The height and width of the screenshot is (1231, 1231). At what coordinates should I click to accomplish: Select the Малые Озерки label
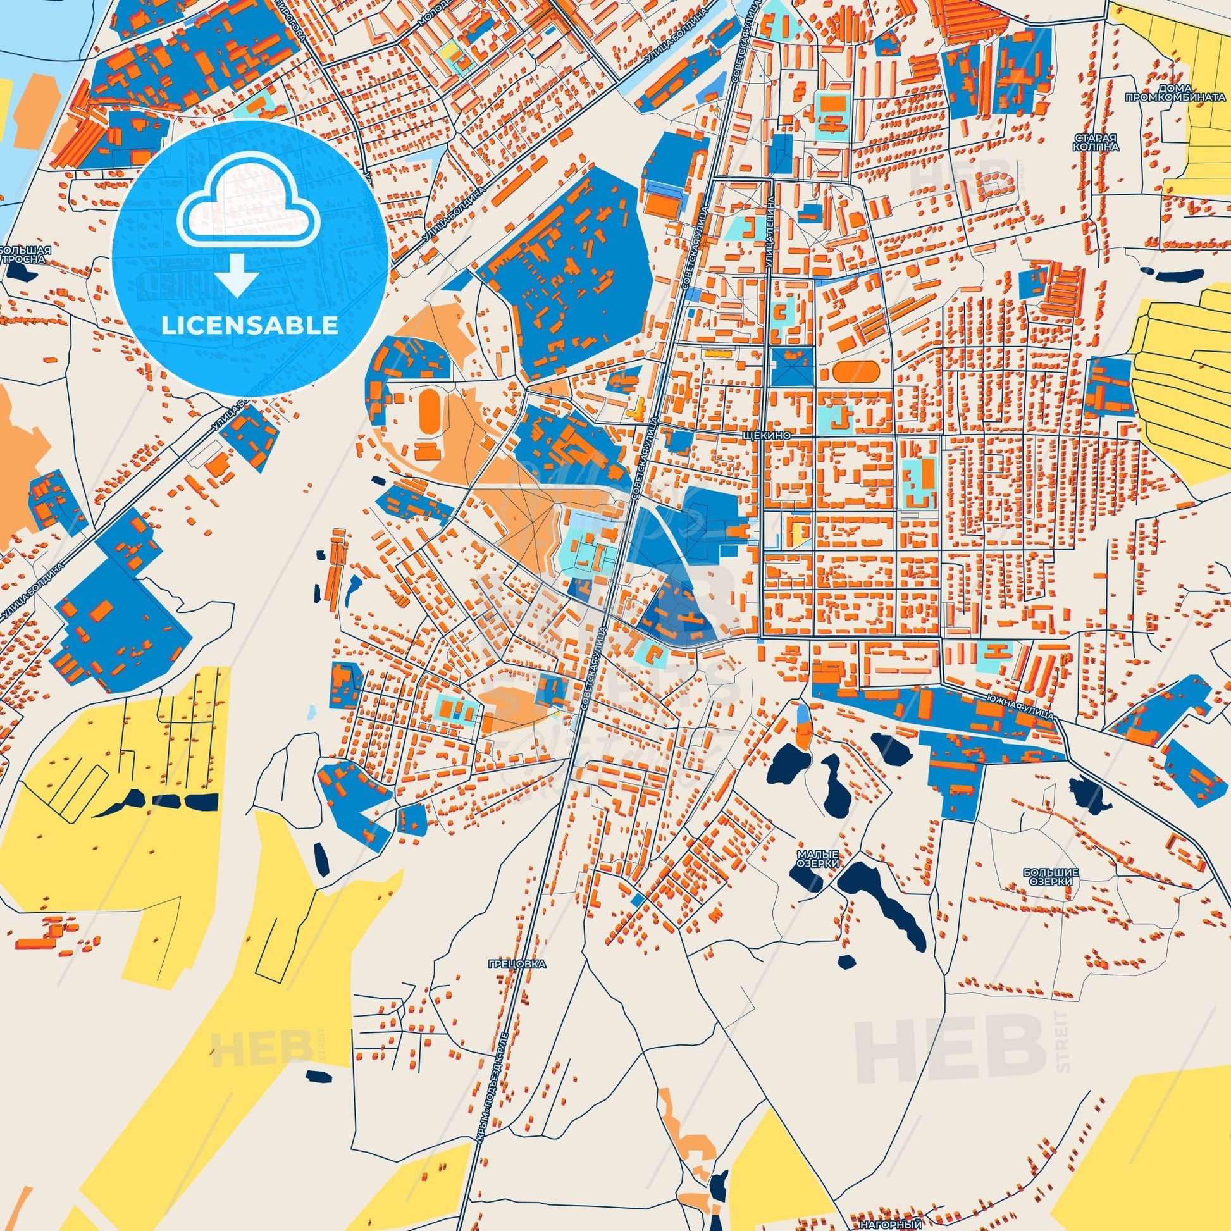click(817, 858)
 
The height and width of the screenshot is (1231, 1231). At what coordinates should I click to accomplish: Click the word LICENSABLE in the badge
click(249, 326)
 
